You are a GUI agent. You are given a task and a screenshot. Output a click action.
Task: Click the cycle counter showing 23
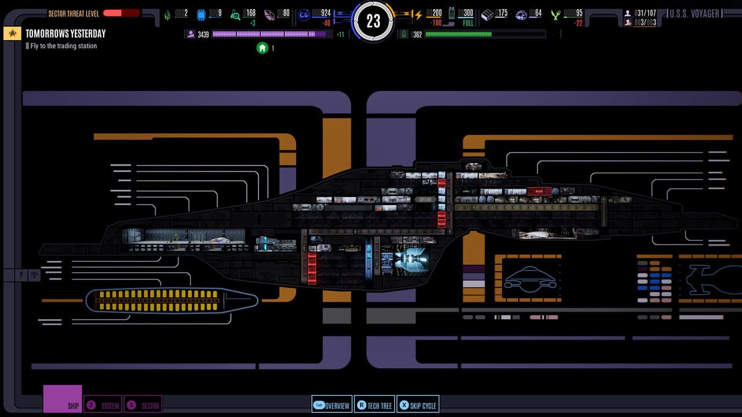(x=373, y=21)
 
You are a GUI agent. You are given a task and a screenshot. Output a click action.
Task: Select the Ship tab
(x=63, y=399)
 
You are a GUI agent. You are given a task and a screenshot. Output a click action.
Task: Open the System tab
(x=103, y=405)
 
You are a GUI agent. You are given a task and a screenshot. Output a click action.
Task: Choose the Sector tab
(x=143, y=405)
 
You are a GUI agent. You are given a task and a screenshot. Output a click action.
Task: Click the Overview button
(x=332, y=405)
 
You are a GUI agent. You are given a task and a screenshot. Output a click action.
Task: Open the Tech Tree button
(x=374, y=405)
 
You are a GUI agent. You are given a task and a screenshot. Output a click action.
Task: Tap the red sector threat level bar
(x=121, y=13)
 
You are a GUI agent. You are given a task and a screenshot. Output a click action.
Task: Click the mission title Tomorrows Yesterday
(x=66, y=34)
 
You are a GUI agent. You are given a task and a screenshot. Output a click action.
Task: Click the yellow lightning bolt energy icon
(x=417, y=14)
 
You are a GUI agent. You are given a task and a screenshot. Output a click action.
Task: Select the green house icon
(x=262, y=48)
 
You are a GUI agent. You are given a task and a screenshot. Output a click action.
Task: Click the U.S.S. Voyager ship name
(x=694, y=13)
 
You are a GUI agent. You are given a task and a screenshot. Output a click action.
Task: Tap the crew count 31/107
(x=644, y=13)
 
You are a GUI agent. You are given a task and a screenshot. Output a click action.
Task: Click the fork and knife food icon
(x=556, y=14)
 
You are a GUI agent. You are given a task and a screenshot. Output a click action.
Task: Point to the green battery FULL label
(x=468, y=23)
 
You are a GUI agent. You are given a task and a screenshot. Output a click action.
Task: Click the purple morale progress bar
(x=269, y=34)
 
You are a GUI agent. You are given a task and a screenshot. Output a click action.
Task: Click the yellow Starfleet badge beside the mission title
(x=12, y=34)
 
